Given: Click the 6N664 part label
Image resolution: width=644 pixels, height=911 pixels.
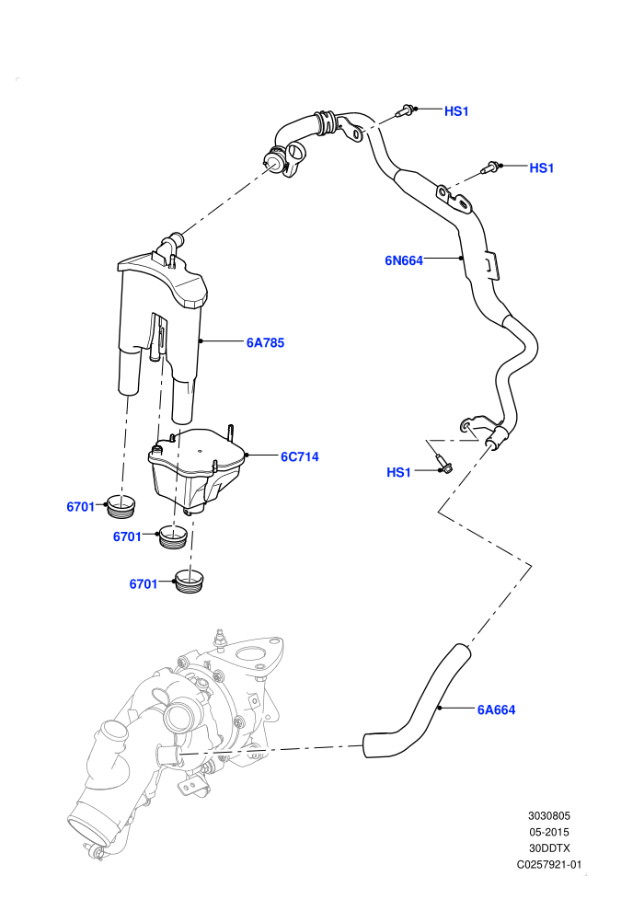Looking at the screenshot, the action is pyautogui.click(x=404, y=260).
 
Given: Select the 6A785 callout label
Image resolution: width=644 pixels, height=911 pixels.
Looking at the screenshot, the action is pyautogui.click(x=265, y=343).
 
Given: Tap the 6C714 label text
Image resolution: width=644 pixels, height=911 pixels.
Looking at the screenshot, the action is pyautogui.click(x=300, y=457).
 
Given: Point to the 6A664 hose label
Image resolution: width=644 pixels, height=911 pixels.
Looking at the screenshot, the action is pyautogui.click(x=497, y=709).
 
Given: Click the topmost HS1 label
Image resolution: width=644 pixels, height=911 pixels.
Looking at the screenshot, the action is pyautogui.click(x=456, y=111).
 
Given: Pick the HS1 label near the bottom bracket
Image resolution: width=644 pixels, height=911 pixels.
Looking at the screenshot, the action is pyautogui.click(x=398, y=472).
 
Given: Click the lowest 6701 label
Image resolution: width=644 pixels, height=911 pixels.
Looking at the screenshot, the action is pyautogui.click(x=144, y=584).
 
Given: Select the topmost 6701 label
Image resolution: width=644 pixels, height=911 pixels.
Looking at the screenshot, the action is pyautogui.click(x=81, y=507).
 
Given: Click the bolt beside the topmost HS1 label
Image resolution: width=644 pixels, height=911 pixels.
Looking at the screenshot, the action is pyautogui.click(x=406, y=110).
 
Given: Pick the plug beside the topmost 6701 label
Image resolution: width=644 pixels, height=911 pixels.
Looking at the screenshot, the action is pyautogui.click(x=122, y=506).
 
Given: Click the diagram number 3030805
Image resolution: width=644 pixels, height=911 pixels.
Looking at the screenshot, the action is pyautogui.click(x=549, y=815).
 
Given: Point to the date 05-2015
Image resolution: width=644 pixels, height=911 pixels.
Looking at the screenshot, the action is pyautogui.click(x=549, y=832).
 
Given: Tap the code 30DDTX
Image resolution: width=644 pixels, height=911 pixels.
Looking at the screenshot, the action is pyautogui.click(x=549, y=848).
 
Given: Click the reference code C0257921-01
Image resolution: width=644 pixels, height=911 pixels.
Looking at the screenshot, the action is pyautogui.click(x=549, y=864).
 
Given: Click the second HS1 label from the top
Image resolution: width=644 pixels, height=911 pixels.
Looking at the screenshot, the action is pyautogui.click(x=542, y=167).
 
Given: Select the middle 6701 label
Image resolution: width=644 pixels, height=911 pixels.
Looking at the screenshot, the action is pyautogui.click(x=127, y=536).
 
